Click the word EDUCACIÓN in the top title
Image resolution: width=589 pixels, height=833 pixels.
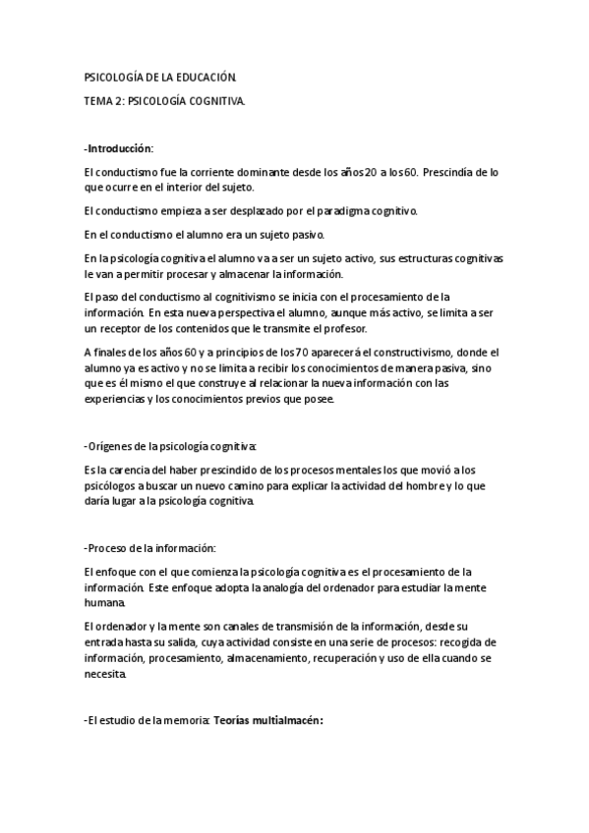click(x=205, y=76)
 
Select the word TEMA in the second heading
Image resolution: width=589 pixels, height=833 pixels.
click(x=100, y=100)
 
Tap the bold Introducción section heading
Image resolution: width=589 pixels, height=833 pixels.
click(x=120, y=147)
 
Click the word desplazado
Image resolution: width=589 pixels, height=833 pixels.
click(x=245, y=210)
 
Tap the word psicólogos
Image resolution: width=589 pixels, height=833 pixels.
click(x=114, y=485)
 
